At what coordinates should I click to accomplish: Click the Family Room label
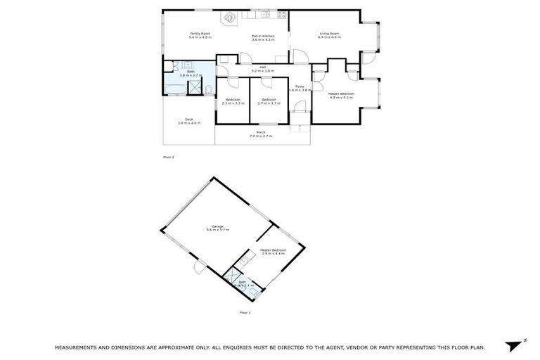point(200,34)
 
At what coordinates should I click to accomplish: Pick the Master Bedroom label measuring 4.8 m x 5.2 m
point(340,94)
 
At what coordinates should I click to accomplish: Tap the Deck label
point(189,120)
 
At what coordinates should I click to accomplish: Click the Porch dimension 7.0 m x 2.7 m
point(261,136)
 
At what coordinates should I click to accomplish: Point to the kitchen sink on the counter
point(266,15)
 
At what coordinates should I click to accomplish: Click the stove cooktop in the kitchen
point(281,15)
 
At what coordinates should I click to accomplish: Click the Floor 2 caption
point(168,157)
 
